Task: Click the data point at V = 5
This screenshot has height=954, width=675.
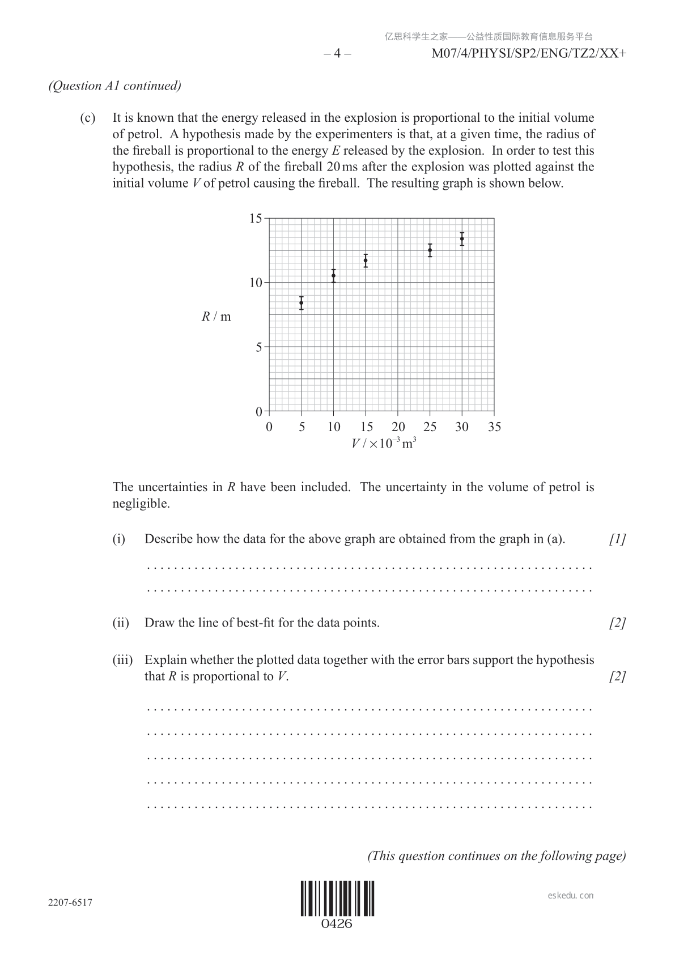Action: [302, 303]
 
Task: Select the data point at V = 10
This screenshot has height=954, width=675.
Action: [334, 276]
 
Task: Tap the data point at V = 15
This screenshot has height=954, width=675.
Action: [366, 261]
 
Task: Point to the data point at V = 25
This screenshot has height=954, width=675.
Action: [430, 250]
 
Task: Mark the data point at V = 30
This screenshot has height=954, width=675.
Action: [462, 238]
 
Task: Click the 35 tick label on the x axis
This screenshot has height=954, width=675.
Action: [494, 427]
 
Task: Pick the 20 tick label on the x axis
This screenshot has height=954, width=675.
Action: [398, 427]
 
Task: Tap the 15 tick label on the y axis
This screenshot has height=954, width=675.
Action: [256, 219]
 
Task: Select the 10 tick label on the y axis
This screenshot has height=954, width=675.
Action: [256, 283]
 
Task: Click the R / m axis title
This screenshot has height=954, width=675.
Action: [216, 317]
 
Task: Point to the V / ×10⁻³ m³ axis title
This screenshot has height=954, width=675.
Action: [384, 443]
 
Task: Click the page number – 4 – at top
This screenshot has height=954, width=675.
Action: [337, 54]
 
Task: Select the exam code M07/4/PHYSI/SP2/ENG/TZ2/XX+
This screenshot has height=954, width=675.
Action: [529, 54]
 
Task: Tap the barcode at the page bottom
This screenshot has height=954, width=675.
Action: [337, 898]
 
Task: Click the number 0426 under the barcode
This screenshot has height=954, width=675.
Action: [337, 924]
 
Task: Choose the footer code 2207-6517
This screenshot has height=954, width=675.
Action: [70, 902]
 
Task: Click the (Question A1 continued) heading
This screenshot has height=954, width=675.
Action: [115, 86]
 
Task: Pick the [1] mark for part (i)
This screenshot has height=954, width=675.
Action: [617, 539]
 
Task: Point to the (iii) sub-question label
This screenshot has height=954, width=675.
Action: [122, 660]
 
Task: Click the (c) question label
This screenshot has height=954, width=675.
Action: [87, 118]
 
